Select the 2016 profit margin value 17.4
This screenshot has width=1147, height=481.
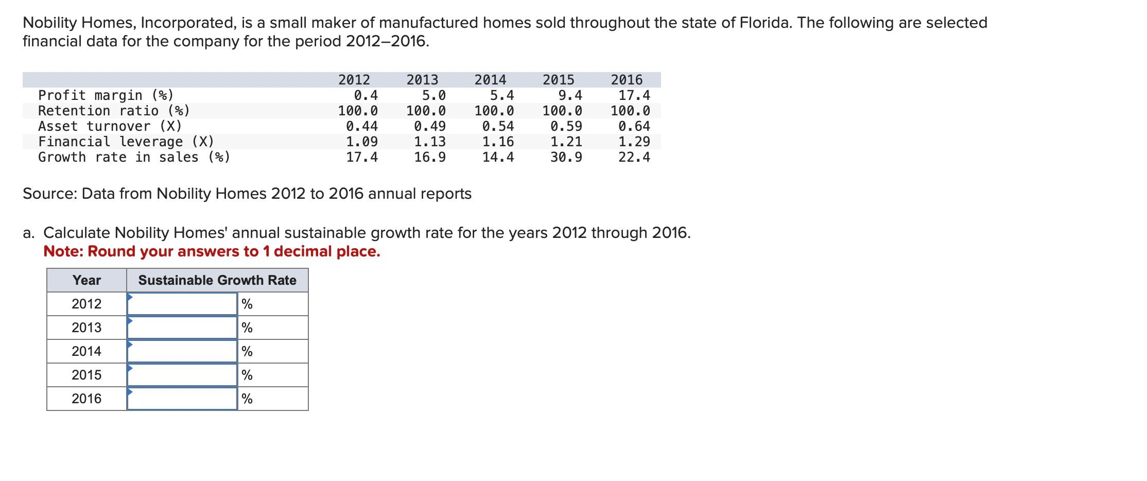tap(634, 95)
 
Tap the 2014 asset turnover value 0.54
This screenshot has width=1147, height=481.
tap(498, 126)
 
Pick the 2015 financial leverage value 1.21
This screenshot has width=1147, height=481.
tap(566, 142)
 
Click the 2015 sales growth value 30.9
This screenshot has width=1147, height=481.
tap(566, 157)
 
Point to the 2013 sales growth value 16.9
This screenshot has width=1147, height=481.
tap(430, 157)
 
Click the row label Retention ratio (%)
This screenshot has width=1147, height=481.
tap(114, 111)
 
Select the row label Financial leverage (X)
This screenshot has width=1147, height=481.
tap(126, 142)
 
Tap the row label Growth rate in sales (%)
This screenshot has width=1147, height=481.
tap(134, 157)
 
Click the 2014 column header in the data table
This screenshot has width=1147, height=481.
tap(490, 80)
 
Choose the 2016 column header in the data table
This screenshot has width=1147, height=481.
tap(627, 80)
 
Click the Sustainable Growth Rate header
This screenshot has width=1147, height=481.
tap(217, 280)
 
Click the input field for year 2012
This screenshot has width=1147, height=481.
tap(182, 304)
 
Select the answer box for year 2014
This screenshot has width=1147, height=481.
tap(182, 351)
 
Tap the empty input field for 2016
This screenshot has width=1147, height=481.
tap(182, 399)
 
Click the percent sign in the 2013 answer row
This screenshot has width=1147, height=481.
tap(247, 328)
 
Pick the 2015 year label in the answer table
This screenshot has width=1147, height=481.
tap(86, 375)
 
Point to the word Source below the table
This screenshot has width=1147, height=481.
tap(49, 194)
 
